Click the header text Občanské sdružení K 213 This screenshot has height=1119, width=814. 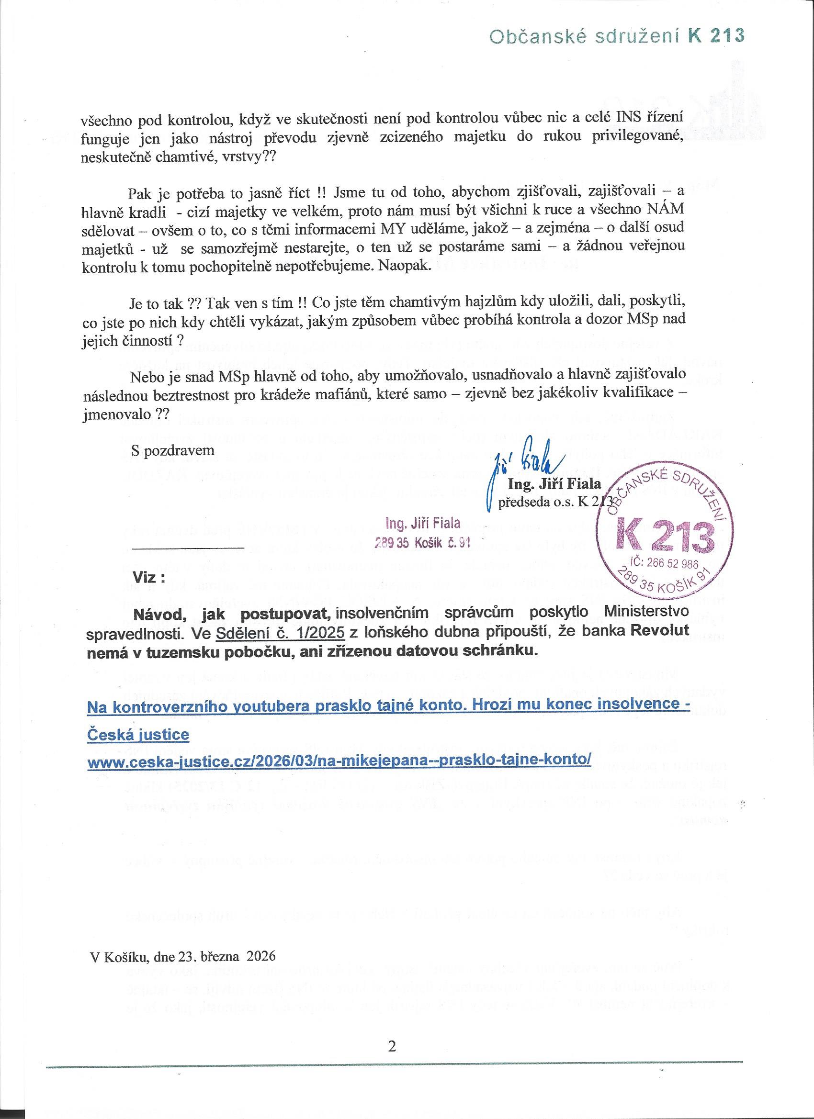tap(616, 35)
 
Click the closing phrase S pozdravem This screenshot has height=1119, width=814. tap(172, 450)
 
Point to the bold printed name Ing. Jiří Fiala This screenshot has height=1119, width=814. tap(554, 485)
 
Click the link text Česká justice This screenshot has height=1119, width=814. tap(138, 735)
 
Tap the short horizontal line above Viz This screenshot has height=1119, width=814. tap(188, 548)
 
